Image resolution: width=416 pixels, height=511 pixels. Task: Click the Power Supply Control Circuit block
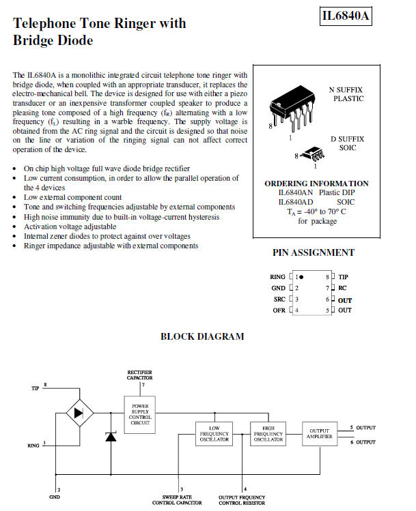(x=140, y=414)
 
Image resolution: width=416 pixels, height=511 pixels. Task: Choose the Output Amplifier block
(x=320, y=433)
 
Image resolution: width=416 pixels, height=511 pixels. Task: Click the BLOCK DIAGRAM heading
(x=202, y=336)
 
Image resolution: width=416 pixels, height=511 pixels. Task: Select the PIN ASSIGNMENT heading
(x=314, y=252)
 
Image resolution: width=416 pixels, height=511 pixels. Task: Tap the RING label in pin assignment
(x=277, y=277)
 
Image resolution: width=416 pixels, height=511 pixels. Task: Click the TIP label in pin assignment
(x=343, y=277)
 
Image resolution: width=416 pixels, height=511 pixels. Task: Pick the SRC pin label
(x=279, y=300)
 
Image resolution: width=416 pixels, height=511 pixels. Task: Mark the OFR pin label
(x=279, y=310)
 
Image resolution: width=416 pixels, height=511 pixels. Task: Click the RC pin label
(x=342, y=288)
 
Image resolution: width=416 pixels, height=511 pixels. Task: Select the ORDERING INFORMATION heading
(x=316, y=184)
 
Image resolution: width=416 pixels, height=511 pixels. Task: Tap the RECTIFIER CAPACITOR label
(x=140, y=375)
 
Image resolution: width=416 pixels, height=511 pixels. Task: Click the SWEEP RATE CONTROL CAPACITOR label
(x=176, y=500)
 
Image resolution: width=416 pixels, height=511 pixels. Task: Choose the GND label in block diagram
(x=55, y=497)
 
